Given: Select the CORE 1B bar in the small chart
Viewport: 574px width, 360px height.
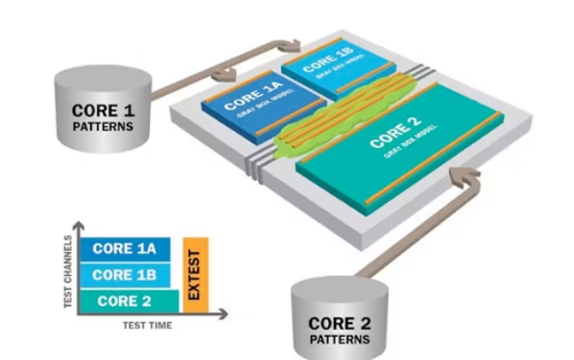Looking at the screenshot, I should [124, 275].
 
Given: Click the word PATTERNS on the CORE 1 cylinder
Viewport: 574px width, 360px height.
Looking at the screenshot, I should [103, 127].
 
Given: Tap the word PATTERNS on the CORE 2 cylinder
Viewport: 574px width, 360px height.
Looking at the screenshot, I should [341, 339].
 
